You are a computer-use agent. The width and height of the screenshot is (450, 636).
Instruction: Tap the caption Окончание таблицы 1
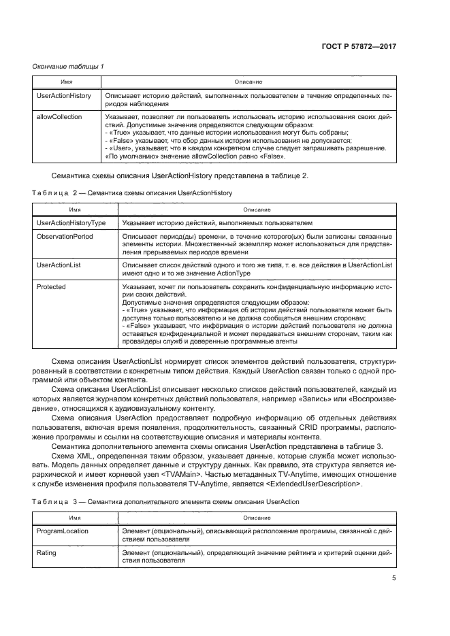68,66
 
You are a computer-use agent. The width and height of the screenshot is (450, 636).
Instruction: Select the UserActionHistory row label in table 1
63,96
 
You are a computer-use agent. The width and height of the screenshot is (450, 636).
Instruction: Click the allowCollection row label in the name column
59,117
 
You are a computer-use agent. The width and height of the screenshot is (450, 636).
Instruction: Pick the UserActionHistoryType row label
70,223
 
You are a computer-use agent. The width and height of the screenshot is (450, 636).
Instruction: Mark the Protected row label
51,287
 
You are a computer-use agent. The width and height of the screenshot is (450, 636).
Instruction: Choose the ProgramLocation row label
62,531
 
